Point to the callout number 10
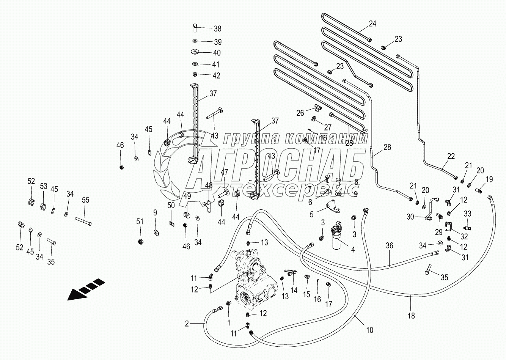point(369,330)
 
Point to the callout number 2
point(186,324)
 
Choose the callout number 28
point(387,148)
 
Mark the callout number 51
point(140,222)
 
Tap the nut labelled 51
point(140,241)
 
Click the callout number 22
point(451,156)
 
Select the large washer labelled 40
point(196,52)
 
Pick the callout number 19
point(489,179)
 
